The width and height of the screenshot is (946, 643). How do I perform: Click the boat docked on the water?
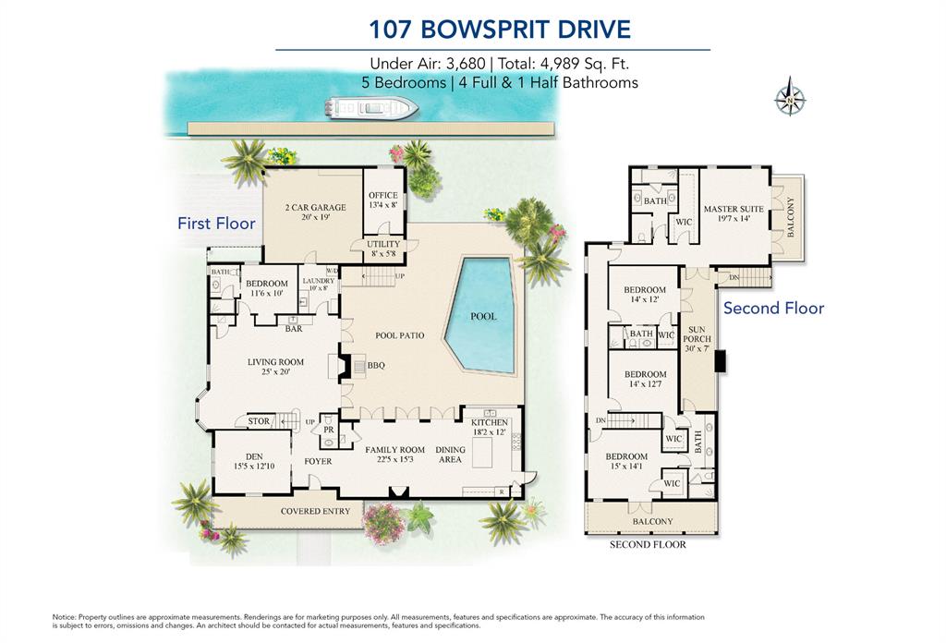(x=371, y=109)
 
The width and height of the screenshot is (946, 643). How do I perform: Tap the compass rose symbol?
(x=790, y=99)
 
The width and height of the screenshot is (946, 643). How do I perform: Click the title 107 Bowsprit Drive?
(x=500, y=29)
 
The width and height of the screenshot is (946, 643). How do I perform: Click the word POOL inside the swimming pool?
(x=483, y=316)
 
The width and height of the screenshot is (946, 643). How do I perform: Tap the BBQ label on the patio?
(x=376, y=365)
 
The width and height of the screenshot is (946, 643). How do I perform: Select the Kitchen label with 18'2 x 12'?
(x=490, y=427)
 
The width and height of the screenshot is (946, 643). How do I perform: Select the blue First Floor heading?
(x=216, y=224)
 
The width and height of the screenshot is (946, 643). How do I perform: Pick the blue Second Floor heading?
(x=773, y=308)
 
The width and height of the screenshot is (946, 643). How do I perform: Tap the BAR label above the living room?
(x=294, y=328)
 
